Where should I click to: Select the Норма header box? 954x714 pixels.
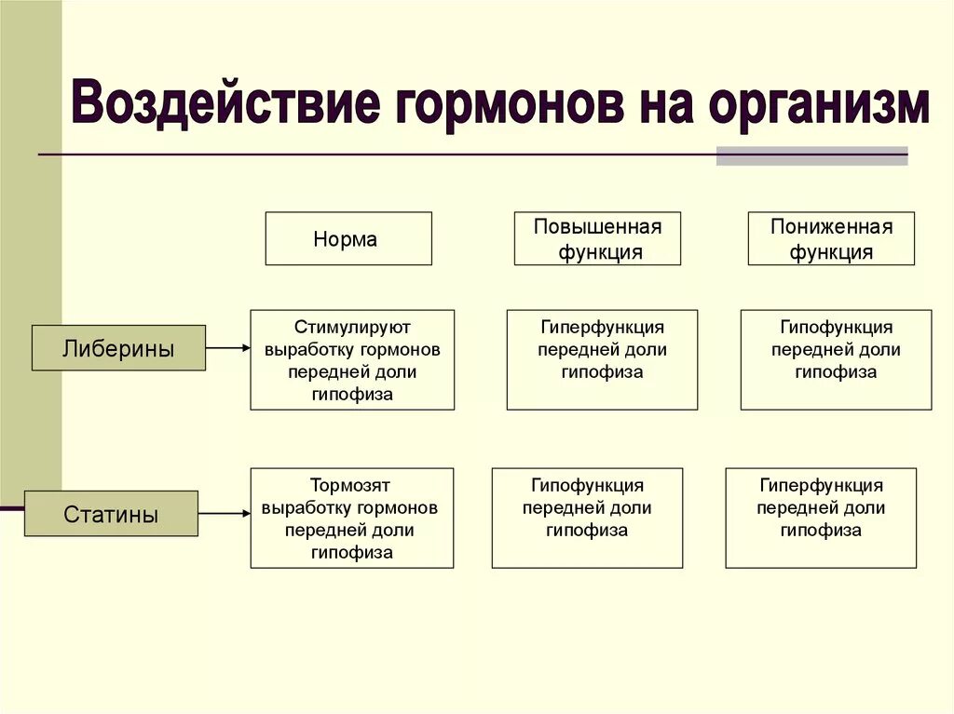[x=348, y=238]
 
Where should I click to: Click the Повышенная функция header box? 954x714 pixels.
[x=597, y=238]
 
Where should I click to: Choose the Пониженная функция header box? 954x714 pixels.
[x=831, y=238]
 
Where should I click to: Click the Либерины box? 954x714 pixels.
[x=118, y=348]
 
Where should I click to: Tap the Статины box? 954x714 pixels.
[x=111, y=513]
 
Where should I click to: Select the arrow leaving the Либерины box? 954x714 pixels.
[x=227, y=348]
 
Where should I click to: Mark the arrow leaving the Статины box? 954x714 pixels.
[x=224, y=513]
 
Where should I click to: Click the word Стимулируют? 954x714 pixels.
[x=352, y=327]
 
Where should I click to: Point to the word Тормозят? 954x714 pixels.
[x=350, y=485]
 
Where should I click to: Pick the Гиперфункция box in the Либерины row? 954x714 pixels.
[x=602, y=359]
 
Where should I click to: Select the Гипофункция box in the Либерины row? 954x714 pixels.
[x=836, y=359]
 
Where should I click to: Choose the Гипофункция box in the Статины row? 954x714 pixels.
[x=587, y=518]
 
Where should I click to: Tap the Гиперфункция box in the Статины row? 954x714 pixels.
[x=821, y=518]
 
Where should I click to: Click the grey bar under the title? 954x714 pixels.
[x=811, y=156]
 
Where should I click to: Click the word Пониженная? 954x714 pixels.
[x=831, y=227]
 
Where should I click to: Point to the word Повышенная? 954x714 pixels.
[x=597, y=227]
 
